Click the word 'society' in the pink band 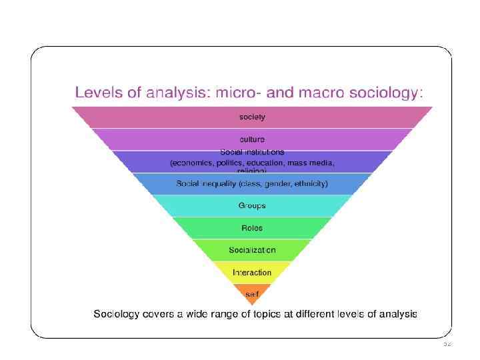pyautogui.click(x=252, y=117)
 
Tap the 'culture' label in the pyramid pyautogui.click(x=252, y=139)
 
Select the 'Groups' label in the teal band pyautogui.click(x=252, y=205)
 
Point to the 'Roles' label pyautogui.click(x=252, y=228)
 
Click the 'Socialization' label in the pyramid pyautogui.click(x=252, y=250)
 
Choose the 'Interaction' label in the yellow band pyautogui.click(x=252, y=272)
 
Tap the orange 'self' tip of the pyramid pyautogui.click(x=252, y=293)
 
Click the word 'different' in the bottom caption pyautogui.click(x=340, y=313)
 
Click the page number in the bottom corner pyautogui.click(x=447, y=344)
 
